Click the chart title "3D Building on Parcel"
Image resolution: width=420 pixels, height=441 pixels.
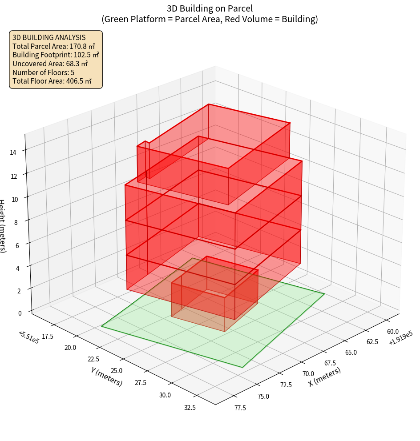click(x=210, y=8)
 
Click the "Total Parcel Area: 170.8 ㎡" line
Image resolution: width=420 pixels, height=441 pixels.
click(x=53, y=46)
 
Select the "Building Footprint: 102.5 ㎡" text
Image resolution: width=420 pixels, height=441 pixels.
click(x=56, y=55)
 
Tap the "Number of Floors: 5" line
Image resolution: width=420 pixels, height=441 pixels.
click(x=43, y=72)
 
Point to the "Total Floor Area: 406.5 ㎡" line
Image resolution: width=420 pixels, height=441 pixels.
click(x=52, y=81)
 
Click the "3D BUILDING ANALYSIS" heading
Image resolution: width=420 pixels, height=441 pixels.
click(x=49, y=37)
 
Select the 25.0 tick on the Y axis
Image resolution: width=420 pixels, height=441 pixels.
click(x=116, y=371)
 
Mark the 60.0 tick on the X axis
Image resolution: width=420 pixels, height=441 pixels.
click(x=392, y=332)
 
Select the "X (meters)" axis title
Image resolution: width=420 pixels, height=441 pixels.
click(x=324, y=377)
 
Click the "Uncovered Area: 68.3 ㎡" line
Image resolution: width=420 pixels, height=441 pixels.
click(x=50, y=64)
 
